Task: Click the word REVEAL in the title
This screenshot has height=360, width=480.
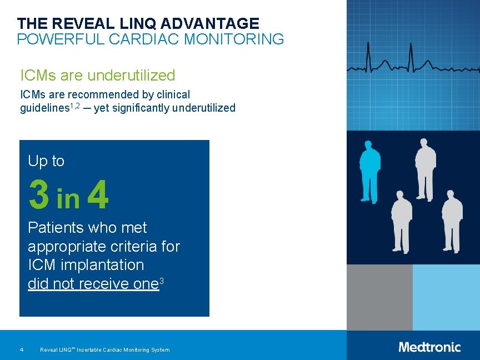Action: [70, 23]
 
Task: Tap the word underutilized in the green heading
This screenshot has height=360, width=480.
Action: [132, 75]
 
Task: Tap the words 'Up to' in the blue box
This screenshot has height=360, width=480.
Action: [46, 161]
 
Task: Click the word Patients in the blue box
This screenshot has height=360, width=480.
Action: [54, 228]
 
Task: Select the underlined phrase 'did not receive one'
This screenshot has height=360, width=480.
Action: [93, 284]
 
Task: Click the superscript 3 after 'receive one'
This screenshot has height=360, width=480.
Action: [161, 281]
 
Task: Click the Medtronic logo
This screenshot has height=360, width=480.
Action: [429, 347]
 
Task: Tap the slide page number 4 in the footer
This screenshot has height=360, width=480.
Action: [21, 350]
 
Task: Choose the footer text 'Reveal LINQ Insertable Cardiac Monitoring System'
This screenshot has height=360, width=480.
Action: [105, 350]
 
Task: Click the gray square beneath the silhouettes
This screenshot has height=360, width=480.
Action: [379, 297]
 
